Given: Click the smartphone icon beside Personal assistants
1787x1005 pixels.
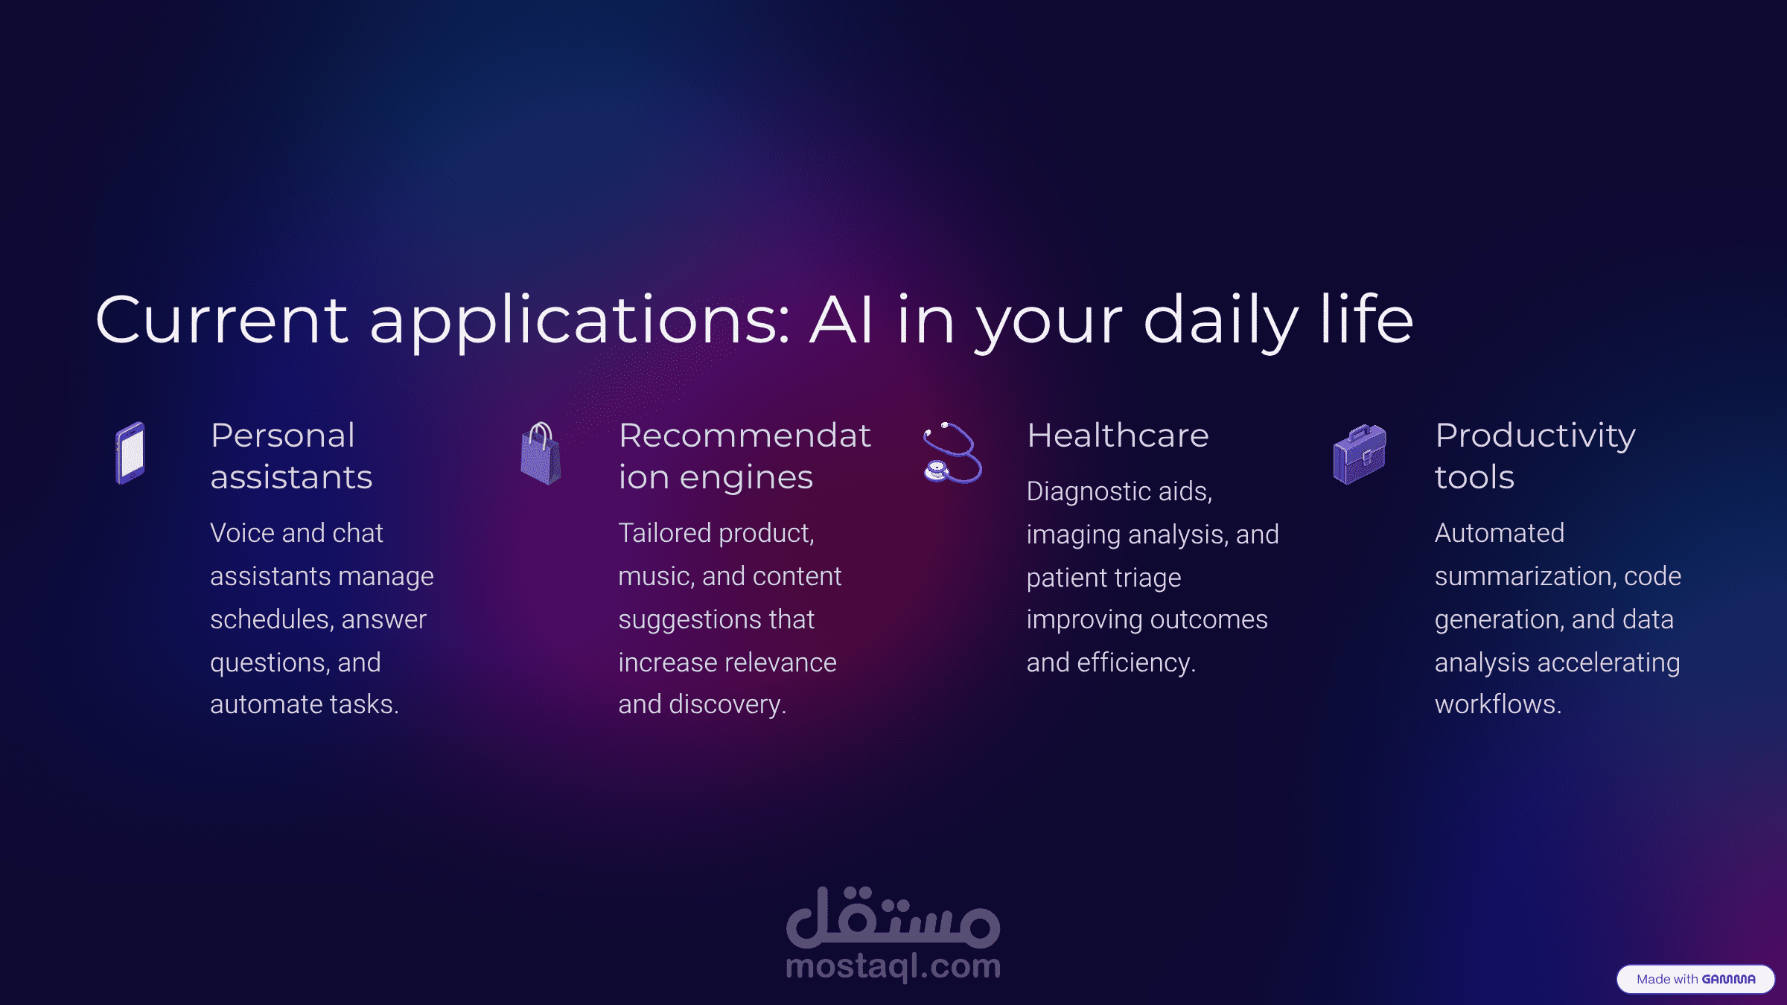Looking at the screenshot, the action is [130, 453].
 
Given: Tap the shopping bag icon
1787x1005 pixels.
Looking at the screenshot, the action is [541, 453].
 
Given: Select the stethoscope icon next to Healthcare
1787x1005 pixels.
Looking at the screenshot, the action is [952, 453].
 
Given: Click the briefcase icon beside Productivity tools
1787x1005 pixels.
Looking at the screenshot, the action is [1360, 454].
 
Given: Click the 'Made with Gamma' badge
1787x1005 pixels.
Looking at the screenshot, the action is [1695, 979].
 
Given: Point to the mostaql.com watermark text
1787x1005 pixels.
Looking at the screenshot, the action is [893, 966].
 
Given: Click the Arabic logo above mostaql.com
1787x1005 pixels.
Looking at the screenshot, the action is [893, 917].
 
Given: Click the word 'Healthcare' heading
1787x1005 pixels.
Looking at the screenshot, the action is [1118, 435].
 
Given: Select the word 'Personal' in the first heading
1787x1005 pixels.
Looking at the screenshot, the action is [283, 435].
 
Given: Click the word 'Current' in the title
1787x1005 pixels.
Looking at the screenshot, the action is [222, 320].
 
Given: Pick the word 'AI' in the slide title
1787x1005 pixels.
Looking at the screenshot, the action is [841, 320].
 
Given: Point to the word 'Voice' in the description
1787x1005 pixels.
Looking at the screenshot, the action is [243, 533].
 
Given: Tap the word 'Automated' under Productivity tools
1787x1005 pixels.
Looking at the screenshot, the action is [1500, 533].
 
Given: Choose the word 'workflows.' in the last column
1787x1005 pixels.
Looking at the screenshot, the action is [1498, 704].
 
